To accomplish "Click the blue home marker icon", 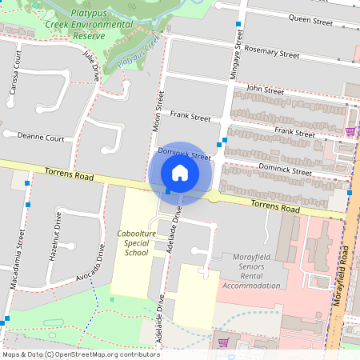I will coord(180,172).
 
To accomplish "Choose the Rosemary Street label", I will coord(273,54).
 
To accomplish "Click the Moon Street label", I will coord(158,111).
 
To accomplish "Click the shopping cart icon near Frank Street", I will coord(350,131).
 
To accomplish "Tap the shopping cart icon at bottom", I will coord(223,342).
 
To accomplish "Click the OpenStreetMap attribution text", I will coord(80,354).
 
